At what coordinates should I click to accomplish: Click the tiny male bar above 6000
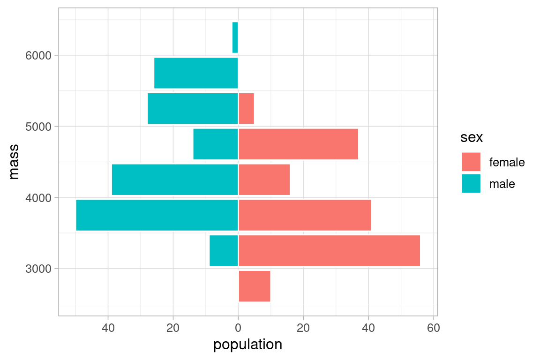(x=235, y=37)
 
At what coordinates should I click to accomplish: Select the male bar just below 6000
(x=196, y=73)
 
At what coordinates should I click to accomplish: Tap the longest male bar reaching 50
(x=157, y=215)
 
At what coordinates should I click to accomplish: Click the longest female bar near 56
(x=329, y=251)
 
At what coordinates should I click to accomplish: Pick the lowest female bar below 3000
(x=255, y=286)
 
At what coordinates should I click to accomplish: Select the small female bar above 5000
(x=246, y=108)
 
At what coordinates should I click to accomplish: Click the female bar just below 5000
(x=298, y=144)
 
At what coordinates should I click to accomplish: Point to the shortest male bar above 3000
(x=224, y=251)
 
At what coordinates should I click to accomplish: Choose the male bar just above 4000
(x=175, y=180)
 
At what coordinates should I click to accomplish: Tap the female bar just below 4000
(x=305, y=215)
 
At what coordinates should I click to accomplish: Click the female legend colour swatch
(x=471, y=162)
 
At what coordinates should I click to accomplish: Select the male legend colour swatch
(x=471, y=183)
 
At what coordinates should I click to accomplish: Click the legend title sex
(x=472, y=138)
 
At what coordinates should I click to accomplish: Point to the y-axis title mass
(x=15, y=162)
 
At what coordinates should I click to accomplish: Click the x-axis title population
(x=247, y=345)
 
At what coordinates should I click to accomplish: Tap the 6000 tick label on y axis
(x=38, y=55)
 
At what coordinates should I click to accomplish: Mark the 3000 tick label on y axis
(x=38, y=269)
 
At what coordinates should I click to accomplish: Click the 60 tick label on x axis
(x=433, y=327)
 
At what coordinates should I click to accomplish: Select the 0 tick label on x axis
(x=238, y=327)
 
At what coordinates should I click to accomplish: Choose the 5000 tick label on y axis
(x=38, y=127)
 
